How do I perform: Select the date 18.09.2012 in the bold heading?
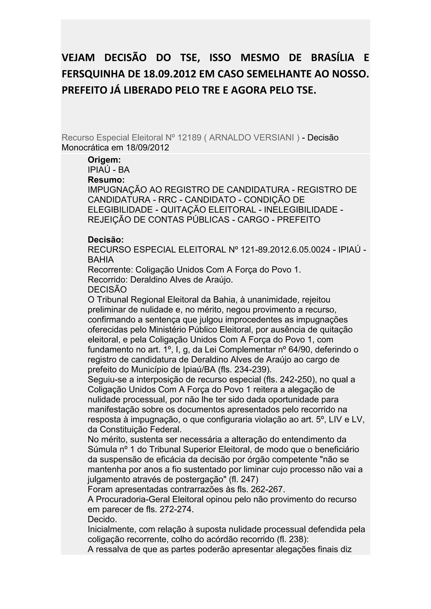coord(170,74)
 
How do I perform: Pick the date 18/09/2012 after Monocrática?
coord(148,147)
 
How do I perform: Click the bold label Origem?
coord(104,160)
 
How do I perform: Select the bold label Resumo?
coord(106,180)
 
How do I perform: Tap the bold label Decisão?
coord(106,240)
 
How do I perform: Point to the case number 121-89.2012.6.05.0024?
coord(286,250)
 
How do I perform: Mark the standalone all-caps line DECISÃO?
coord(107,289)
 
